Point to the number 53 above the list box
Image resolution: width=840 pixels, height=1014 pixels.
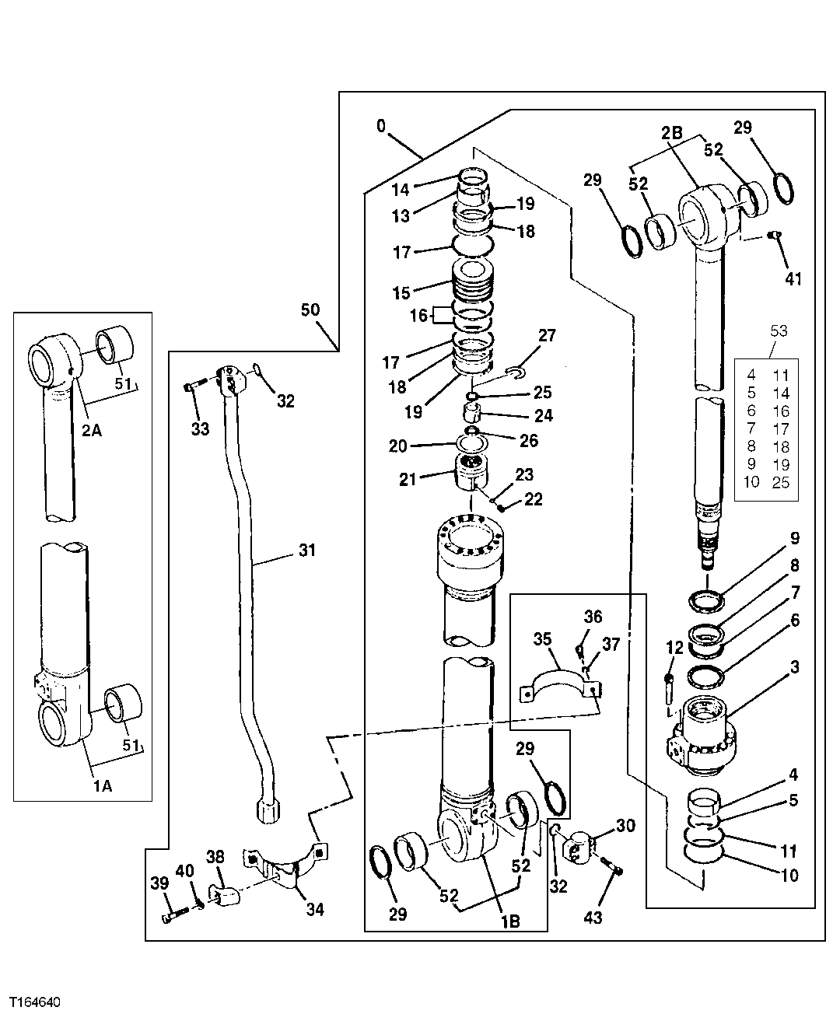[x=778, y=331]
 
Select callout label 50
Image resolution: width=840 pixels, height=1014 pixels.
[x=310, y=309]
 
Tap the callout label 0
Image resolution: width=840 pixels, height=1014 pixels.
[x=380, y=125]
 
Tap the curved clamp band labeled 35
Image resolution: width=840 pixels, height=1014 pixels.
[x=558, y=675]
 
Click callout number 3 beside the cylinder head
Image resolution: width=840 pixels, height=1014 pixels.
[x=794, y=667]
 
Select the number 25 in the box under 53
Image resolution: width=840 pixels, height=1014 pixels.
[x=781, y=482]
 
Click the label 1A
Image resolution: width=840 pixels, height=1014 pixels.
[x=103, y=786]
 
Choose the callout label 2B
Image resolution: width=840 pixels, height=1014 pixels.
[x=672, y=133]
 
